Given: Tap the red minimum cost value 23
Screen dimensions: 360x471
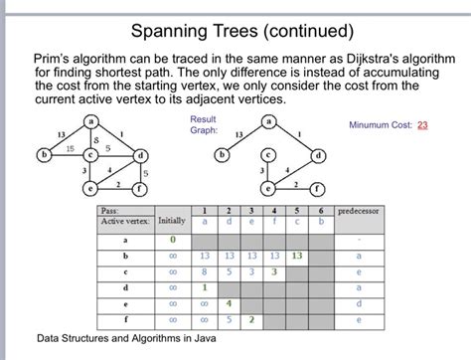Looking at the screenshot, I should tap(422, 126).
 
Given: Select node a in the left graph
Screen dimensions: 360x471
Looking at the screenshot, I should tap(91, 122).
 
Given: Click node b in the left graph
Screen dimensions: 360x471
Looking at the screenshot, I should tap(43, 155).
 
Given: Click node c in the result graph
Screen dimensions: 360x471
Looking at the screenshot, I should tap(267, 156).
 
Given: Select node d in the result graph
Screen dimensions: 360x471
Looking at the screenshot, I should tap(318, 156).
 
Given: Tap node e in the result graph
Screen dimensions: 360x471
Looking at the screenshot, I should tap(267, 187).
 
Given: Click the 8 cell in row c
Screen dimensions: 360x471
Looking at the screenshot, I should tap(204, 271).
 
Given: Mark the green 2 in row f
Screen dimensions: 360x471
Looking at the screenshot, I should tap(252, 319).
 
